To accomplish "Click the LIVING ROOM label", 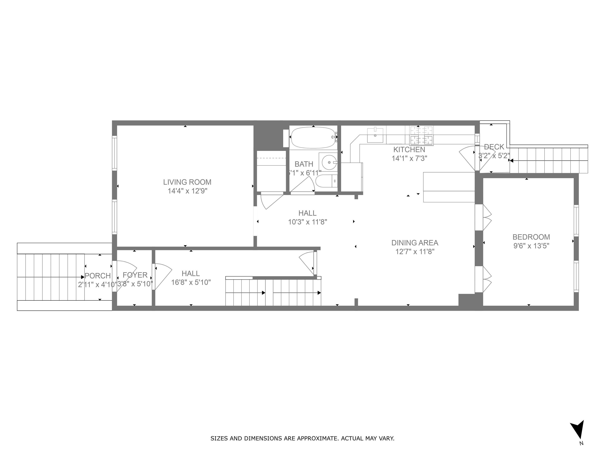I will click(x=187, y=182).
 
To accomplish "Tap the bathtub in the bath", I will click(x=313, y=138).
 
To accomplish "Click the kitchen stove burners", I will click(x=421, y=135).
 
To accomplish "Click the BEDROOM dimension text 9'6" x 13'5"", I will click(x=531, y=246).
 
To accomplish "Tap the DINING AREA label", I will click(x=415, y=243).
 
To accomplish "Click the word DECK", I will click(x=494, y=147).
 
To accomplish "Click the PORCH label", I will click(x=98, y=276).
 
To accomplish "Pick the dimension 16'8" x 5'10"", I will click(x=191, y=282).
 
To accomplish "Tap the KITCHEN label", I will click(x=409, y=150).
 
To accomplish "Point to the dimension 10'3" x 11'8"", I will click(x=307, y=222).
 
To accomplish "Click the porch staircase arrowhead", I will click(x=83, y=277).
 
